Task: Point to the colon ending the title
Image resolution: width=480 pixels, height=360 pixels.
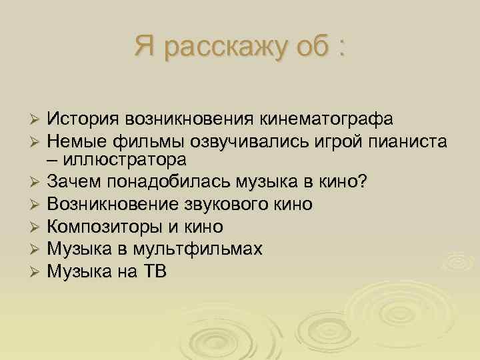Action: (341, 48)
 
